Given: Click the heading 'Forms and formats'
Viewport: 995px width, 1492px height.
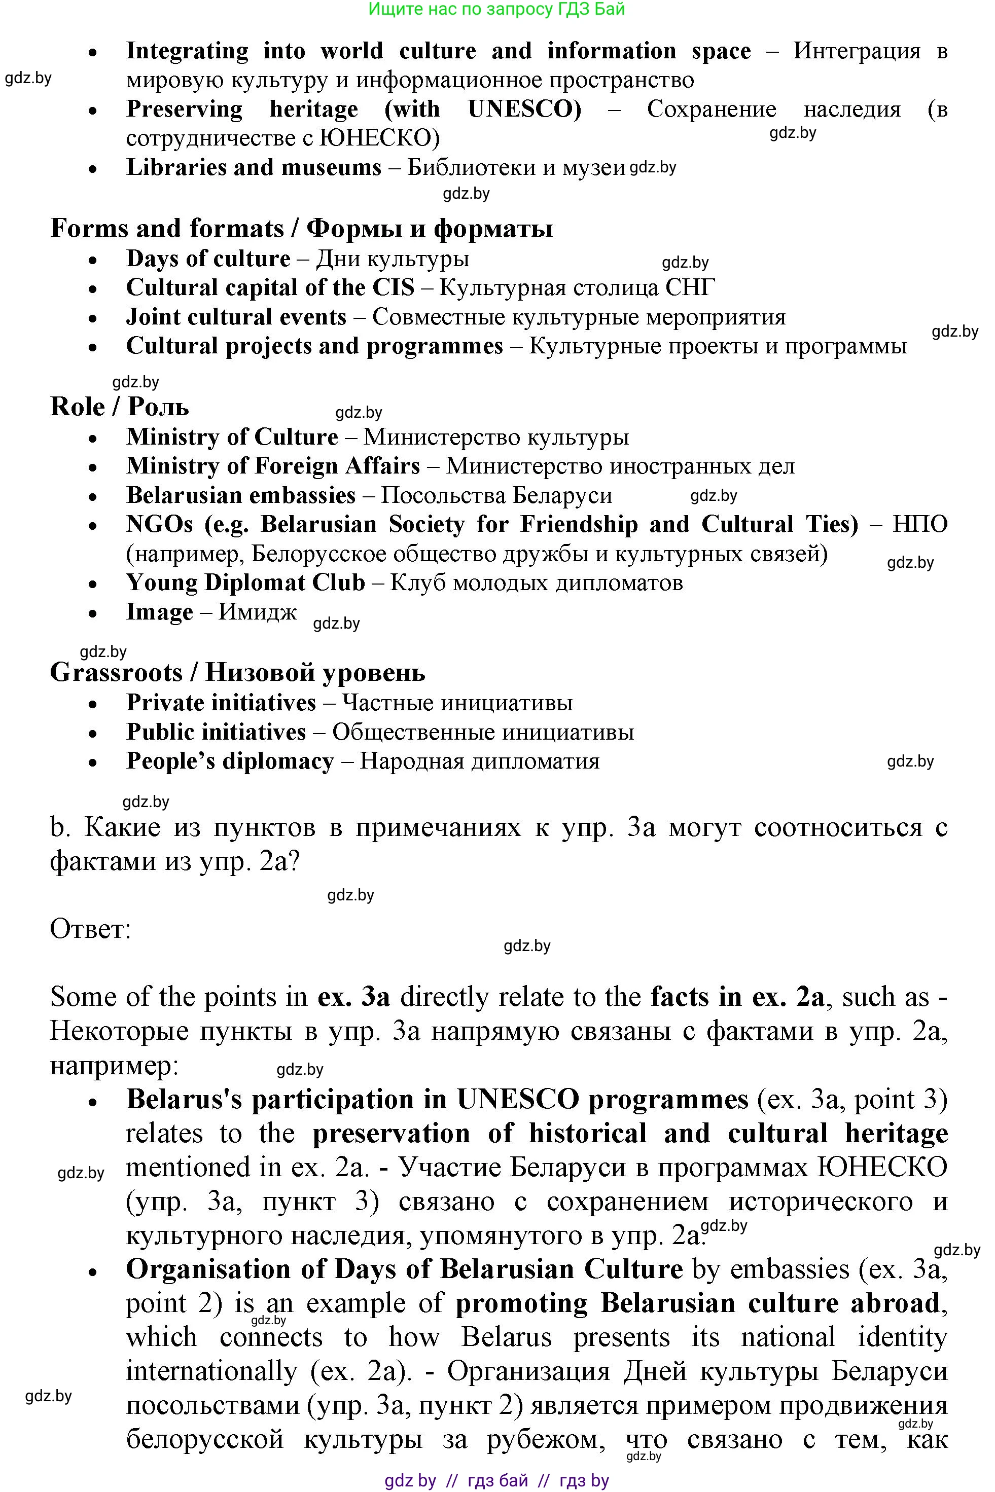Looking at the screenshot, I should pos(167,228).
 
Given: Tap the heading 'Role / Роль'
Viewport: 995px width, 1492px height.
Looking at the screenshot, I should pos(119,407).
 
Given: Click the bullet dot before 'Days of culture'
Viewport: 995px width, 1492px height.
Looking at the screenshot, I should pos(93,260).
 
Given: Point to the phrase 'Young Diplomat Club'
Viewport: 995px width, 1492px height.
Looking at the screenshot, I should pos(245,583).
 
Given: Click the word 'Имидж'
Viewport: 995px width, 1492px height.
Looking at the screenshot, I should pos(258,612).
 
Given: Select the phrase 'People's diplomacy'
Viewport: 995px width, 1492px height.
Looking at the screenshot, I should pos(230,761).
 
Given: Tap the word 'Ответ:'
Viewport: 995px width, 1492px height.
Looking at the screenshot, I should pos(90,929).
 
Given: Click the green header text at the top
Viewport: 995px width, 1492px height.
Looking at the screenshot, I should pos(497,9).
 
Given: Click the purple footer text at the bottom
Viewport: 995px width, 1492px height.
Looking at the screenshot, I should pos(497,1480).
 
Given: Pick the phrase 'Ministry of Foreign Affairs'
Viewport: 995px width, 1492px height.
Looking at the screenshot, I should pos(273,466).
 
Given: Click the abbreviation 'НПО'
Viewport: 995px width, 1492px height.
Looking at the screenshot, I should pos(919,525).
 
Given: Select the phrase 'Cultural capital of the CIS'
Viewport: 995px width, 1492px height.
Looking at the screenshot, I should pos(270,288).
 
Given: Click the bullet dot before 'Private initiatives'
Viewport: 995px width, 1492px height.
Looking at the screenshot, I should pos(93,704).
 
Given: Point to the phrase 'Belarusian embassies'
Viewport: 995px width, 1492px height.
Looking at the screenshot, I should pos(240,495).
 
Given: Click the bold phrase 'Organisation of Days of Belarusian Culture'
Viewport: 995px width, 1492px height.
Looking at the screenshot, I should pos(404,1269).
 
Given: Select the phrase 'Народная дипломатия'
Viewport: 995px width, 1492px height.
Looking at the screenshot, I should pos(479,761).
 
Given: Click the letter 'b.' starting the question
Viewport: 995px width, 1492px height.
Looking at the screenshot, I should pos(59,828).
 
